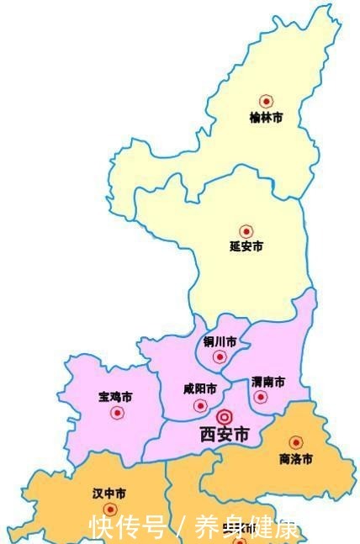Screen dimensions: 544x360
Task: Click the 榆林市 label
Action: (x=266, y=118)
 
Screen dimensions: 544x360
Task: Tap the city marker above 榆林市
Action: (x=266, y=100)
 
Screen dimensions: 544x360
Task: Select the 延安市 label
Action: (x=246, y=247)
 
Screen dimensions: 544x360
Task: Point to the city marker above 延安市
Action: (x=246, y=230)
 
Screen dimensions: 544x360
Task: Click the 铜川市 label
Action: (x=220, y=342)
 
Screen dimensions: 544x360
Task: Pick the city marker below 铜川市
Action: (x=220, y=357)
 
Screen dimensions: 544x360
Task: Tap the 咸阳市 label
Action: (x=200, y=389)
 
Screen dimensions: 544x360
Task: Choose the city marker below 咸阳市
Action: (x=200, y=405)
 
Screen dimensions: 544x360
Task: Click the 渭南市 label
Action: (x=267, y=381)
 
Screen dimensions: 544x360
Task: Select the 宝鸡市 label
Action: (x=116, y=396)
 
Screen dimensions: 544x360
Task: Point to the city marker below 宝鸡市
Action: (x=117, y=413)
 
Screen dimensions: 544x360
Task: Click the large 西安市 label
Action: (x=225, y=435)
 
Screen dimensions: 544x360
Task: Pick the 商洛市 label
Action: (x=295, y=459)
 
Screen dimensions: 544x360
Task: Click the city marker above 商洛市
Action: (x=295, y=442)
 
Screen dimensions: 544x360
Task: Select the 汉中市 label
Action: (x=109, y=494)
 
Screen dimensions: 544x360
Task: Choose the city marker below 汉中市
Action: (x=109, y=510)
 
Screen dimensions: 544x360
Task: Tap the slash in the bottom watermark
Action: (x=180, y=528)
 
